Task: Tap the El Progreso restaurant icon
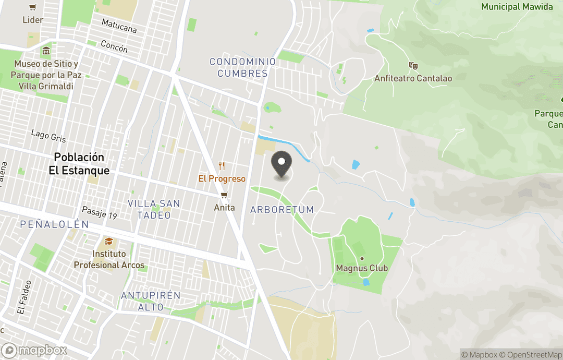[x=222, y=166]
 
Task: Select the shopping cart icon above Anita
[x=224, y=195]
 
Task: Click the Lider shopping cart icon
[x=33, y=8]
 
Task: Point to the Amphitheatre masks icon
[x=413, y=66]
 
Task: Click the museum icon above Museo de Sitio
[x=46, y=51]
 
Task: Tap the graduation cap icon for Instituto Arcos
[x=109, y=242]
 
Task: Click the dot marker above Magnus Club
[x=362, y=259]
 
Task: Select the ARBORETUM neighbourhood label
[x=282, y=210]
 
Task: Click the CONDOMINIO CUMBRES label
[x=242, y=68]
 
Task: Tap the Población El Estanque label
[x=79, y=164]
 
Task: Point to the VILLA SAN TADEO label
[x=154, y=209]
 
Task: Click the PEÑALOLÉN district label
[x=55, y=224]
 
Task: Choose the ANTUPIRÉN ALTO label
[x=151, y=301]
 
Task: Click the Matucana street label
[x=119, y=26]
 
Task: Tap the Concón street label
[x=114, y=47]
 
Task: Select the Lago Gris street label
[x=48, y=136]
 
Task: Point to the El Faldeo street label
[x=25, y=297]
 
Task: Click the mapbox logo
[x=35, y=350]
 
